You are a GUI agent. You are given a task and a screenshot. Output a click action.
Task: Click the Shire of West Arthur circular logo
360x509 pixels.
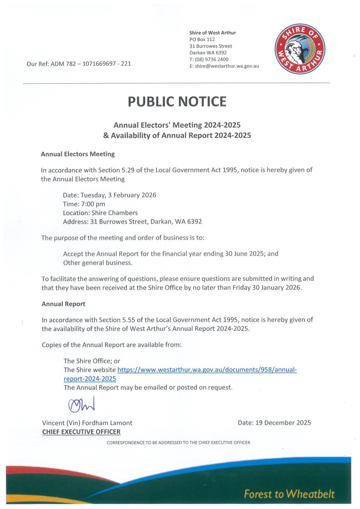pyautogui.click(x=300, y=49)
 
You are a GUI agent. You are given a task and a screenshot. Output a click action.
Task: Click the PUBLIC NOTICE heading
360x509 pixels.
pyautogui.click(x=177, y=102)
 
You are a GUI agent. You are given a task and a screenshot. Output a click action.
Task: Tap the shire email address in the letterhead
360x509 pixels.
pyautogui.click(x=224, y=66)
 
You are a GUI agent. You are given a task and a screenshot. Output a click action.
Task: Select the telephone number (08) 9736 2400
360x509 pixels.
pyautogui.click(x=209, y=59)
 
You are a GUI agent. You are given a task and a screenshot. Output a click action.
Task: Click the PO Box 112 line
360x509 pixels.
pyautogui.click(x=202, y=39)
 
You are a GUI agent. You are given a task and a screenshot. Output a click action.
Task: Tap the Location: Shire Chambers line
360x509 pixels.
pyautogui.click(x=100, y=213)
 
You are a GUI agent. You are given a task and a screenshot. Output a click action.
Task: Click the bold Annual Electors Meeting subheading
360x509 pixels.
pyautogui.click(x=78, y=153)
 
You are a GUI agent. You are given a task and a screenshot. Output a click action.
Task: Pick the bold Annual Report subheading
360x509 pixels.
pyautogui.click(x=63, y=304)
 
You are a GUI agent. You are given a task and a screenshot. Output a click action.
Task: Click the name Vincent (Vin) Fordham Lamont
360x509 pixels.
pyautogui.click(x=87, y=423)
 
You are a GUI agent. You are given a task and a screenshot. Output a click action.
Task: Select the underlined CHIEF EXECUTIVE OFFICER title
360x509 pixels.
pyautogui.click(x=81, y=432)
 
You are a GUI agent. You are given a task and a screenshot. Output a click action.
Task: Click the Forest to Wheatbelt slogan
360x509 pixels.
pyautogui.click(x=289, y=494)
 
